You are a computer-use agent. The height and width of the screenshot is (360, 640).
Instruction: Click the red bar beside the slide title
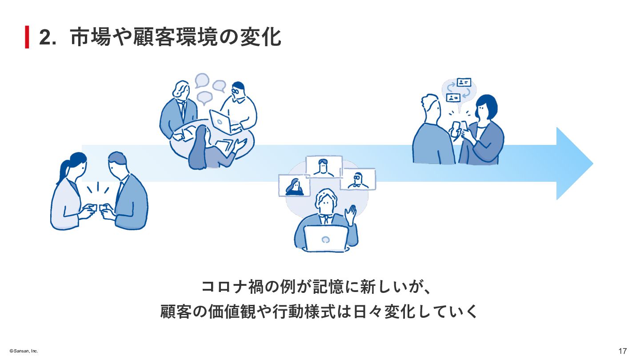[x=27, y=37]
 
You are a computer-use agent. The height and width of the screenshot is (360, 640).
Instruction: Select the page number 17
[x=622, y=351]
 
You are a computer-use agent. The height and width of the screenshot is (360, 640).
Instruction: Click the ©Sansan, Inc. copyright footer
[x=21, y=351]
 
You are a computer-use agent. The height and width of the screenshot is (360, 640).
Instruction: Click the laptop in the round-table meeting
[x=220, y=121]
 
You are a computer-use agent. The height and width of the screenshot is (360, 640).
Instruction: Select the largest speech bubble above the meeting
[x=202, y=80]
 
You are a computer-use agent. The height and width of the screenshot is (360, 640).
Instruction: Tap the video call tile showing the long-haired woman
[x=292, y=185]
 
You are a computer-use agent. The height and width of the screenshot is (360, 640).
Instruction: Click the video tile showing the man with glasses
[x=358, y=179]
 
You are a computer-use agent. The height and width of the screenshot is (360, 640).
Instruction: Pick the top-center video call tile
[x=324, y=167]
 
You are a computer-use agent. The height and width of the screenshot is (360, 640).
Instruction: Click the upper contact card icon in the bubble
[x=464, y=82]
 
